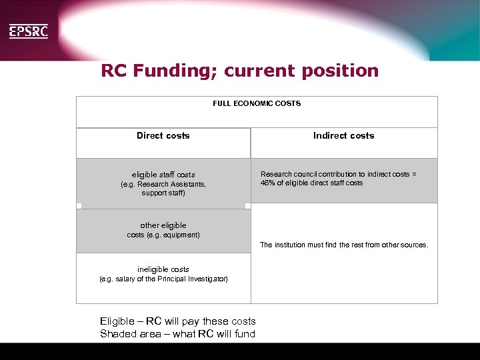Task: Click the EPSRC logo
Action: [x=28, y=31]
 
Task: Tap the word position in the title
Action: [x=341, y=71]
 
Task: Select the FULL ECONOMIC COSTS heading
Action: [x=257, y=103]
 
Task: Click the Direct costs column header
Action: [x=163, y=135]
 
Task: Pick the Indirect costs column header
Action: [x=343, y=135]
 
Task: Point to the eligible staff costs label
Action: [x=163, y=175]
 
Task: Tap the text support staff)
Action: [x=163, y=193]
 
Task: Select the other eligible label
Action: [x=163, y=225]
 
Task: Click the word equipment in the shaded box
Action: [x=181, y=235]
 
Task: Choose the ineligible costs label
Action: [x=163, y=269]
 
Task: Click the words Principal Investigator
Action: [x=193, y=279]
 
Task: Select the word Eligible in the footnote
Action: [x=118, y=321]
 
